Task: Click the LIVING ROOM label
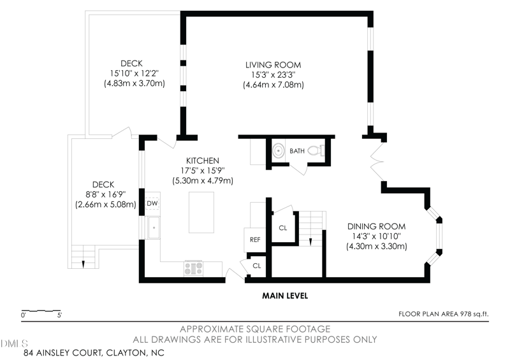click(273, 65)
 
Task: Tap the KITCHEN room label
click(203, 161)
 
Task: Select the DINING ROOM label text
click(376, 226)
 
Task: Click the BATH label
click(297, 151)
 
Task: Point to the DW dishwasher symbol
click(152, 204)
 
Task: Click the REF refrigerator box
click(255, 240)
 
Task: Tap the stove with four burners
click(194, 269)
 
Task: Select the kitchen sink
click(154, 227)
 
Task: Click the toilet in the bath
click(316, 150)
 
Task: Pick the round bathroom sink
click(279, 151)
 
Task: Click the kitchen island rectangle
click(201, 212)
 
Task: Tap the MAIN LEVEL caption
click(285, 296)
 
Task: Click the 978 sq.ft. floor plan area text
click(474, 314)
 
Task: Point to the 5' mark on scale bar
click(59, 315)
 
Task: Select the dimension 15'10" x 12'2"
click(135, 73)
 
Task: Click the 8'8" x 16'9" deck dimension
click(106, 195)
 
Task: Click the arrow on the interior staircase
click(310, 241)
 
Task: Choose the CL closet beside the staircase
click(283, 228)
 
